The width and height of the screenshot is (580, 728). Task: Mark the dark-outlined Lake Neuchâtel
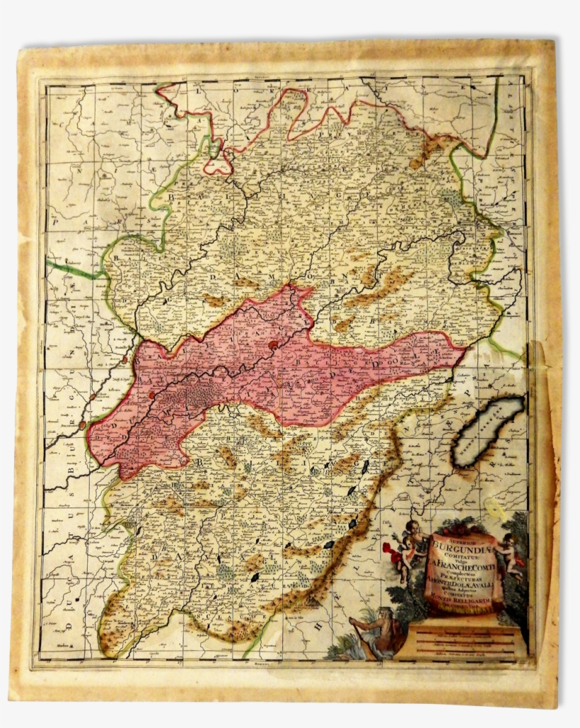click(488, 430)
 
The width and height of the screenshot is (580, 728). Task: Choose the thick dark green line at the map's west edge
click(71, 270)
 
